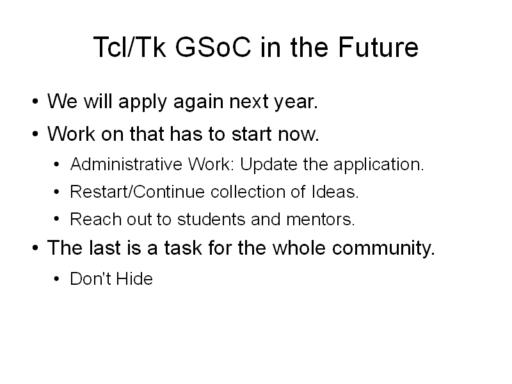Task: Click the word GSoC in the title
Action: (x=213, y=47)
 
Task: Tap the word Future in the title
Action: (x=378, y=47)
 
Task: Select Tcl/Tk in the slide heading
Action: (x=130, y=47)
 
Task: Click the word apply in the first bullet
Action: (x=143, y=102)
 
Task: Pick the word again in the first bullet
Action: (x=198, y=102)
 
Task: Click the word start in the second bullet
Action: (x=252, y=134)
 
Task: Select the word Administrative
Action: (x=126, y=164)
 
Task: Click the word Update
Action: (x=268, y=164)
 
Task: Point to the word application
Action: (x=378, y=164)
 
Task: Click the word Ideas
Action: (x=335, y=191)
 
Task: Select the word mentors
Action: (x=321, y=220)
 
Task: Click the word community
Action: (x=383, y=248)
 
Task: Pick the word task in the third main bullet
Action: (x=183, y=248)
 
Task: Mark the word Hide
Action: (x=134, y=279)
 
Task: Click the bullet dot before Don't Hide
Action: (x=56, y=279)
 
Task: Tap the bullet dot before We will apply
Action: (x=35, y=102)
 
